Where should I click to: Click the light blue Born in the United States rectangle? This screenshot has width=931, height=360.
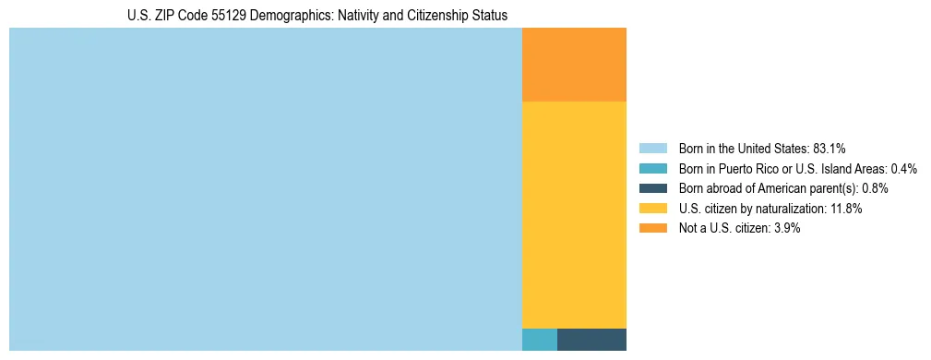266,189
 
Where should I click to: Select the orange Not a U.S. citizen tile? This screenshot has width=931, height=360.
574,65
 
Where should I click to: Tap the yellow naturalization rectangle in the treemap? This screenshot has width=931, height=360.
574,214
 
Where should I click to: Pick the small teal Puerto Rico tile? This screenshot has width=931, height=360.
540,339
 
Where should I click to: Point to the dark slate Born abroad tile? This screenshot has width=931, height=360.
591,339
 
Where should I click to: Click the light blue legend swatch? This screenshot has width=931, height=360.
652,149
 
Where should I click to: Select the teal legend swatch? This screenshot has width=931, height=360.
652,169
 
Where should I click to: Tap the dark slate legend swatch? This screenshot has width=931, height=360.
652,188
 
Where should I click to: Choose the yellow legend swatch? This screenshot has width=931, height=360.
652,209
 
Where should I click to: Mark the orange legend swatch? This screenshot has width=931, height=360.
652,229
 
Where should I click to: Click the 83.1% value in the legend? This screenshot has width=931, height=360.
829,149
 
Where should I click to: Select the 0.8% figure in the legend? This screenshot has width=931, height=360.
875,188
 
